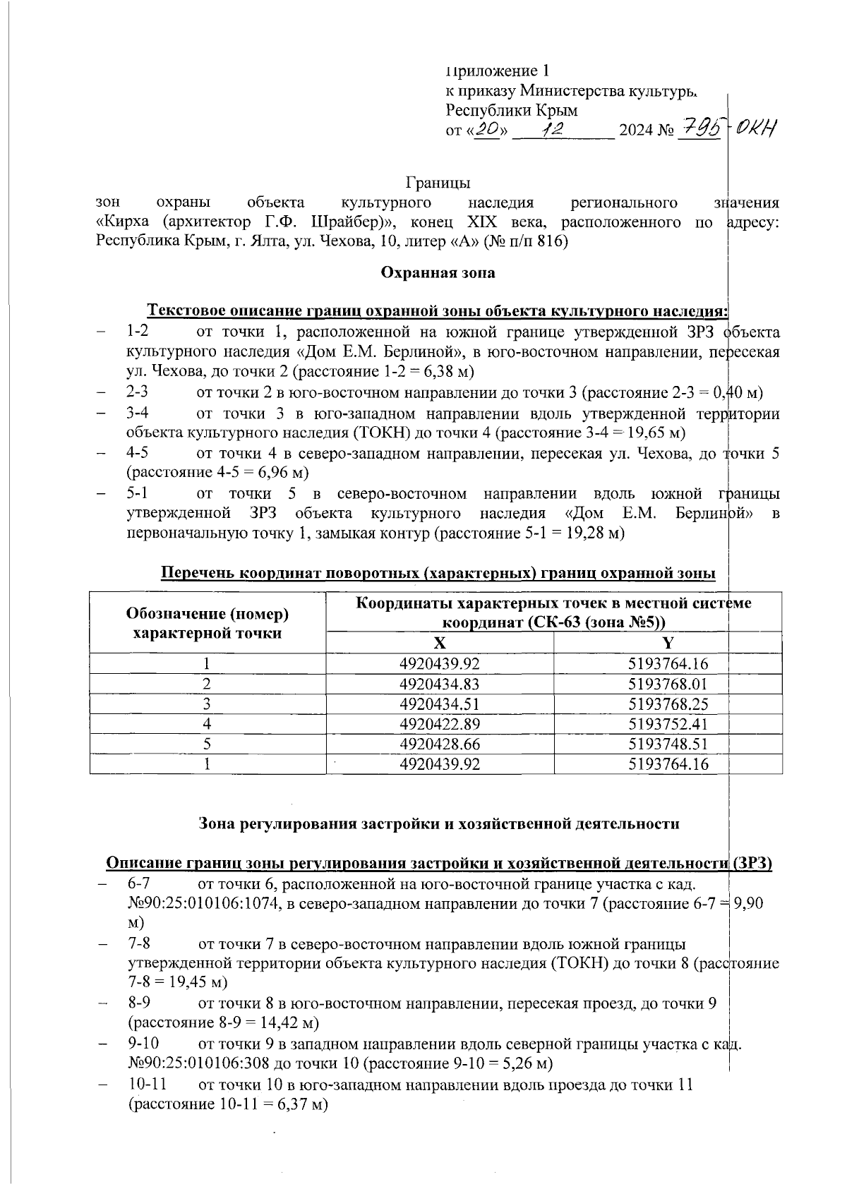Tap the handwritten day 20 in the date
tap(487, 129)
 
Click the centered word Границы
tap(438, 183)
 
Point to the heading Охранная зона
tap(438, 272)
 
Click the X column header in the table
tap(439, 643)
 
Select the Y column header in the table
tap(667, 643)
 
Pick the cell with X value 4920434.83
tap(439, 684)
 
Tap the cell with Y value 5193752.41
tap(667, 724)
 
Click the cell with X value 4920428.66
tap(439, 744)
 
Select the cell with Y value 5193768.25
tap(667, 704)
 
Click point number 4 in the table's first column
tap(207, 724)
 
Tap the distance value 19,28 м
tap(597, 533)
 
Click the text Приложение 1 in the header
tap(498, 71)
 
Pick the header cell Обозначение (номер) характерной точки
tap(208, 623)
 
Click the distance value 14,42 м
tap(290, 1022)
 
